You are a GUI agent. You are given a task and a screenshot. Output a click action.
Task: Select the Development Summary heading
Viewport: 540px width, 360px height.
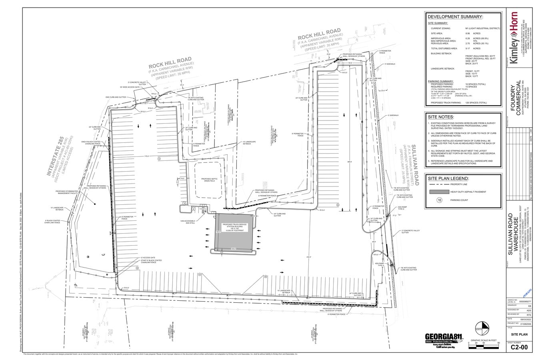[x=455, y=17]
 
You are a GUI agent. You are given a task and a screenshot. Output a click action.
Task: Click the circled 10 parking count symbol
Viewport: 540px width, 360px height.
[x=439, y=200]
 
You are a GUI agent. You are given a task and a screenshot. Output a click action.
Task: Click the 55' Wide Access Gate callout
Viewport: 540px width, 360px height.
[x=129, y=87]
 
